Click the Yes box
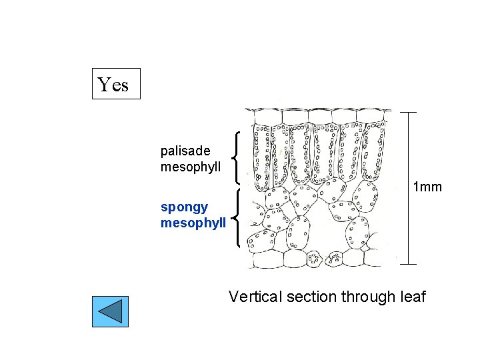pos(116,83)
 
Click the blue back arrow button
pos(110,311)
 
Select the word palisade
pos(185,151)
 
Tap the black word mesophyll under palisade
pos(191,167)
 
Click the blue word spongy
pos(184,207)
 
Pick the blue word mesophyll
pos(193,223)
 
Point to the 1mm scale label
pos(427,187)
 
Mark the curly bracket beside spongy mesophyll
pos(237,218)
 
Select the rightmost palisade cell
pos(377,150)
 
